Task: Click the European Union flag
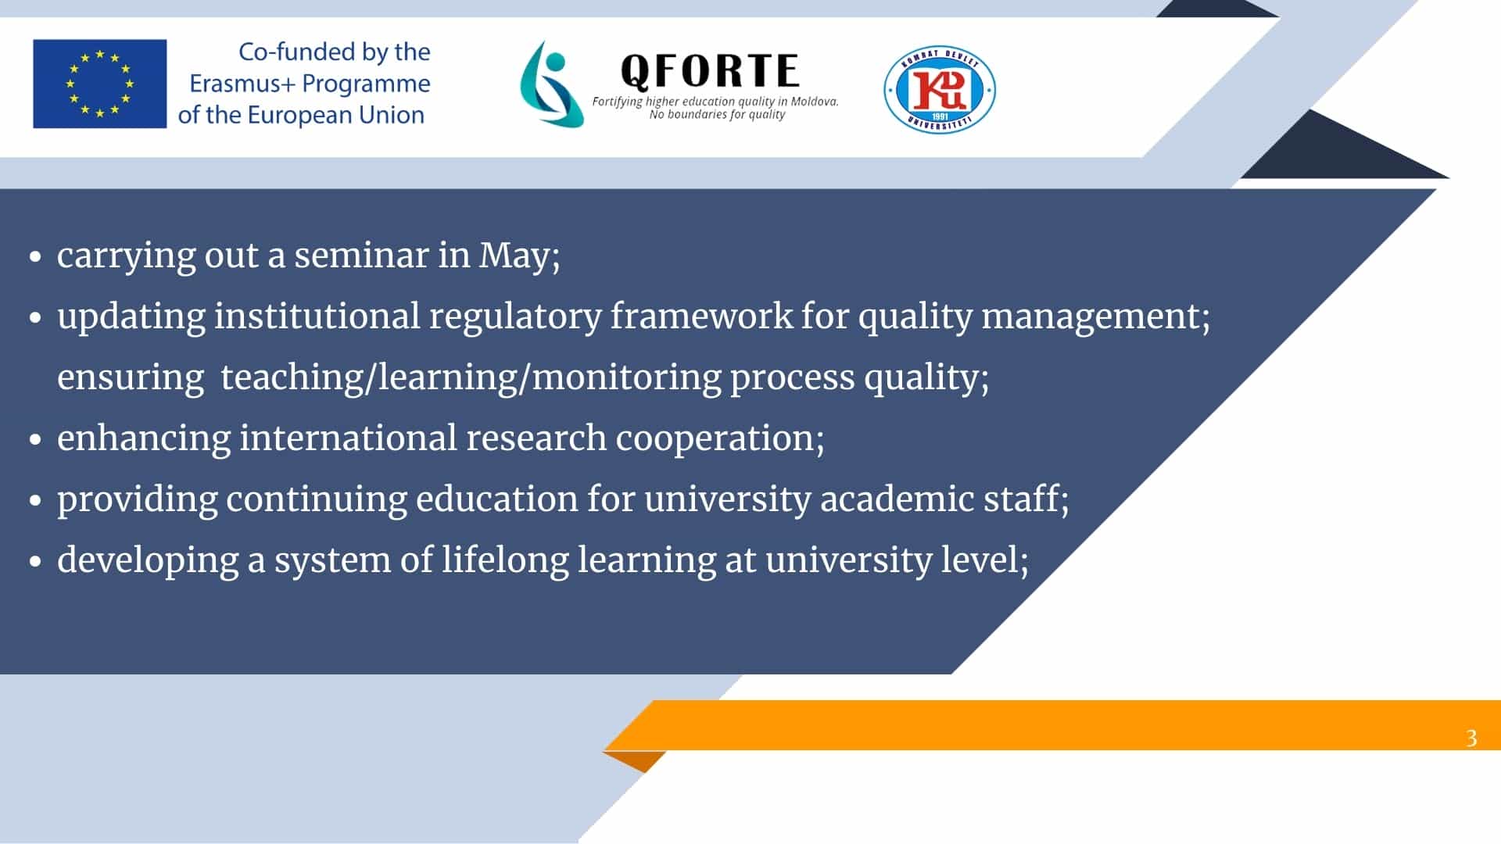click(x=99, y=84)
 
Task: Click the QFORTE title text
click(x=710, y=70)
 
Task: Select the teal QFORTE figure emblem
click(x=552, y=84)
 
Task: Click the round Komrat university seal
click(x=940, y=89)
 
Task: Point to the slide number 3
click(x=1471, y=738)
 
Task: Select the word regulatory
click(x=515, y=317)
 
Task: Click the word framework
click(x=701, y=316)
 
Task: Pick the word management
click(x=1095, y=317)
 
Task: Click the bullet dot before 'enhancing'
click(x=35, y=439)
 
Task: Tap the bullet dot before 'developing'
click(x=35, y=561)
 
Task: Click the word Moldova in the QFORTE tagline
click(x=814, y=101)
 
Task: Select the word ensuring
click(x=131, y=378)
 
